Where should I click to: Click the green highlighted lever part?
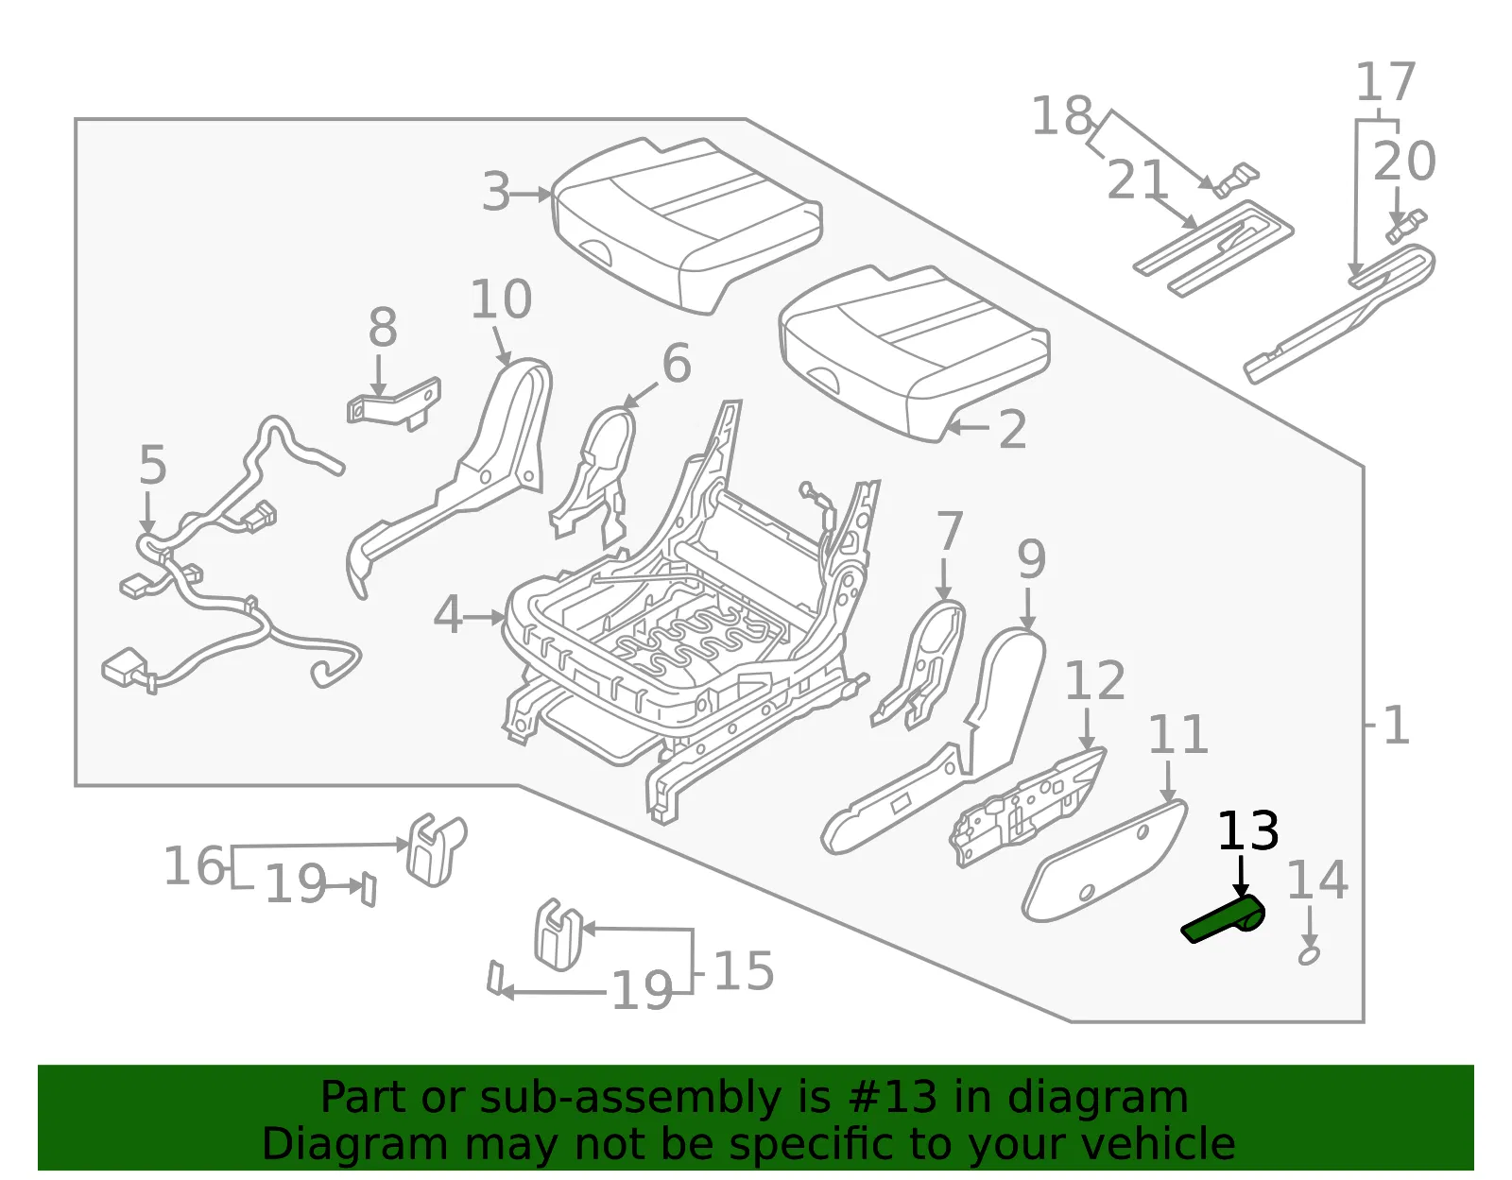pos(1223,920)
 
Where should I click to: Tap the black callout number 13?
pos(1248,831)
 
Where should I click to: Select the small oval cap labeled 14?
pos(1309,956)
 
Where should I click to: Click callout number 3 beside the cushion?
pos(497,192)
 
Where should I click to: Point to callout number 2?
pos(1012,429)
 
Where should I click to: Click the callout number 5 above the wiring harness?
pos(153,464)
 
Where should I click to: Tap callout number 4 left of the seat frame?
pos(447,615)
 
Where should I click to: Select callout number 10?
pos(501,299)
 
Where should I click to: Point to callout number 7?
pos(950,531)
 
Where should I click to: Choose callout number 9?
pos(1031,559)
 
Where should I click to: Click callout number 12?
pos(1095,681)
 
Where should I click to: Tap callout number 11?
pos(1178,735)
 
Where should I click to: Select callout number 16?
pos(195,865)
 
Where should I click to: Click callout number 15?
pos(744,971)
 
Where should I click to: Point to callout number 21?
pos(1137,180)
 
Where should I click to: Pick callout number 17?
pos(1386,82)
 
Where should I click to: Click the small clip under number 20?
pos(1406,226)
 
